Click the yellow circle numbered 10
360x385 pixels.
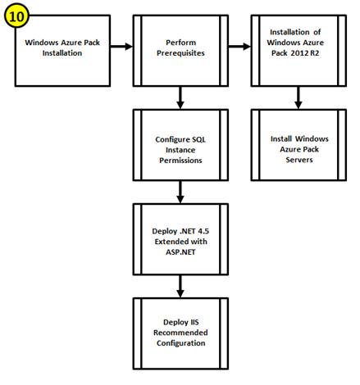(x=16, y=16)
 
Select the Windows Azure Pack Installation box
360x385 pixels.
(x=62, y=51)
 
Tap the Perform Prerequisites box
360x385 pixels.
(x=180, y=51)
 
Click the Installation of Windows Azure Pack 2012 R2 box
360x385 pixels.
(x=298, y=51)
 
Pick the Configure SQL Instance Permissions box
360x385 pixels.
(x=180, y=145)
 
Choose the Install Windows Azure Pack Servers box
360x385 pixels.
(x=298, y=145)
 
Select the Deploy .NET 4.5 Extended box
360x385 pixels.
(x=180, y=239)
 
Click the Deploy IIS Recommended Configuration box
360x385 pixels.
(x=180, y=333)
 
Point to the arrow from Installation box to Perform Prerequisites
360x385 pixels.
(x=121, y=47)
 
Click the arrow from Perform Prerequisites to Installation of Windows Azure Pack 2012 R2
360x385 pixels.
(x=239, y=47)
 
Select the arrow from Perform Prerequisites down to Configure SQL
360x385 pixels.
(x=180, y=97)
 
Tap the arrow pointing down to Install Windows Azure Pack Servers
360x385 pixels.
(x=298, y=97)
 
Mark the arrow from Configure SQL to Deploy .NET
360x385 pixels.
(x=180, y=192)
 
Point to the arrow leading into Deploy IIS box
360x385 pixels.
(x=180, y=286)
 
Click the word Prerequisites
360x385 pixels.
(x=180, y=53)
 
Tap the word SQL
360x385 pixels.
(x=198, y=139)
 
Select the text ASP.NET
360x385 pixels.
(x=180, y=251)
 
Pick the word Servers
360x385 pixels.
(x=299, y=160)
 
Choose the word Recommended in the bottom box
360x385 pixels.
(x=180, y=333)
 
